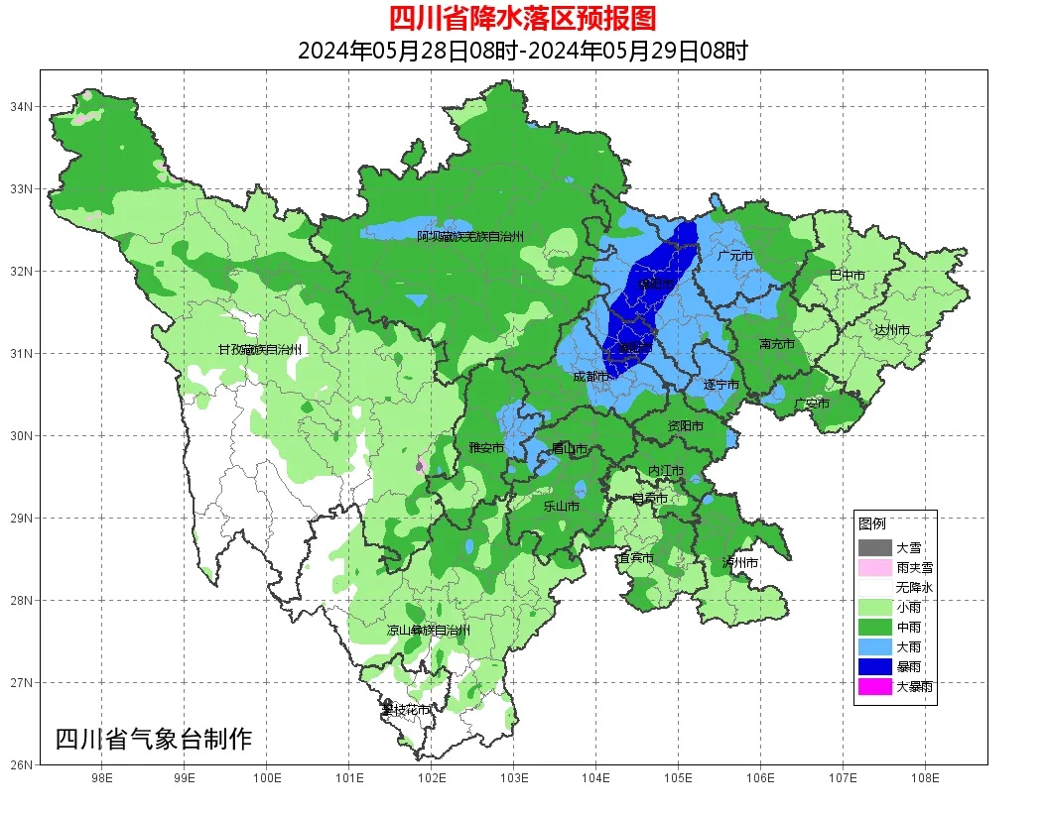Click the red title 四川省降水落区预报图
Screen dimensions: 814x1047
point(522,18)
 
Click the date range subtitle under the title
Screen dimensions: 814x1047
point(522,51)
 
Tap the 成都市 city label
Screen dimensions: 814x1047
point(590,377)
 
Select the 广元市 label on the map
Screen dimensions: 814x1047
point(735,256)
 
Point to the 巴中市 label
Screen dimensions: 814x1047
point(847,276)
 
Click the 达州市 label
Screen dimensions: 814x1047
point(892,329)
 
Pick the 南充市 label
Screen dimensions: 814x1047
point(776,344)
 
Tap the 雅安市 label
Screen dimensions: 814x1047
point(486,448)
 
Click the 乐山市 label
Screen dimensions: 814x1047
point(561,506)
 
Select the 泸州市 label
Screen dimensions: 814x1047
point(740,562)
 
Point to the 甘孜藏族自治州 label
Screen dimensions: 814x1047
point(260,350)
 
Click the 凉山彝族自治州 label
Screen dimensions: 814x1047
point(429,631)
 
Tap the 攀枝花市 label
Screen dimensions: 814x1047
point(407,710)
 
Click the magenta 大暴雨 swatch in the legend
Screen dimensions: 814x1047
point(875,686)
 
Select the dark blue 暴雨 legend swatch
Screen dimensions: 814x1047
point(875,666)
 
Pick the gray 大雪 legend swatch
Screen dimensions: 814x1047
point(875,547)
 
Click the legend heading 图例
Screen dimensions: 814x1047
point(872,523)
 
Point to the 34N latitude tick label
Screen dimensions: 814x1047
point(22,106)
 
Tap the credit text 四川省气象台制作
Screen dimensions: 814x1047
point(154,739)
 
